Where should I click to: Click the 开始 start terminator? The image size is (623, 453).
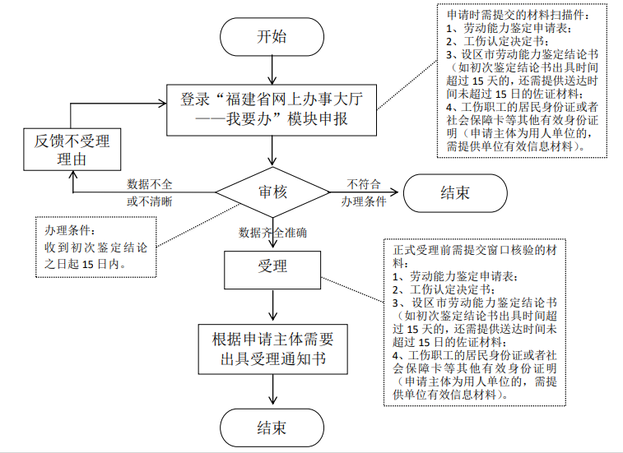click(272, 36)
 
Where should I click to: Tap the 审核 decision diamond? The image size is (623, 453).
click(272, 192)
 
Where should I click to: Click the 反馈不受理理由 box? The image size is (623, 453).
click(72, 150)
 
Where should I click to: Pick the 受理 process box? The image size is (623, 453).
click(272, 266)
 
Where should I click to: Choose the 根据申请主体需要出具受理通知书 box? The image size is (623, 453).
click(272, 350)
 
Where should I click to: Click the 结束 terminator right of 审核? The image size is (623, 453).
click(454, 192)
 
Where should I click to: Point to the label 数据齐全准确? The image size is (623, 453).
click(273, 233)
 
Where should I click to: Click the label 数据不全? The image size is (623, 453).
click(150, 183)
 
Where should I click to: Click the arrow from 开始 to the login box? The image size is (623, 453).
click(272, 69)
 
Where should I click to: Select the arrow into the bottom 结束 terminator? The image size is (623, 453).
click(272, 393)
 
